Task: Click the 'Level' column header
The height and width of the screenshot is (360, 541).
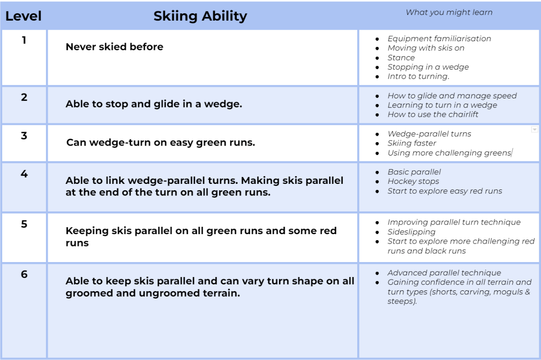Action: coord(24,16)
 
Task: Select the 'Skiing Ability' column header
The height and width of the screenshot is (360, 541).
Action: coord(200,16)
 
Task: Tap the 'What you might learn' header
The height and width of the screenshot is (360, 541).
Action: coord(449,12)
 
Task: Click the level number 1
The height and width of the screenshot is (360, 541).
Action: coord(24,40)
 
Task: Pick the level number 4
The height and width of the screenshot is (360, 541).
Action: coord(24,174)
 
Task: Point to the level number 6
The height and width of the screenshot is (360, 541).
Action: coord(24,274)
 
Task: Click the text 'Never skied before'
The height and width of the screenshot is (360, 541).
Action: coord(115,47)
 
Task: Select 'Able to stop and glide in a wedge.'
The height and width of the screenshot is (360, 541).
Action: coord(154,104)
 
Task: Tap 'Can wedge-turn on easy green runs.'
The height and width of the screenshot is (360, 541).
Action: coord(161,143)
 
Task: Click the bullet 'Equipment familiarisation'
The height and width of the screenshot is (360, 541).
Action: coord(439,39)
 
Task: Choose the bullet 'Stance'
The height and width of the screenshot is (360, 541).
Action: coord(401,58)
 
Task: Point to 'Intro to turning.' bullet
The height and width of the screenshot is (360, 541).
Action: coord(419,76)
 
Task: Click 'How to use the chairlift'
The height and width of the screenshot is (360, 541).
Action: coord(433,115)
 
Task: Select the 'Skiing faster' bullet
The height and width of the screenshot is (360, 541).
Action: coord(412,143)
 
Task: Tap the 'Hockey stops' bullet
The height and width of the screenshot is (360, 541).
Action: coord(413,181)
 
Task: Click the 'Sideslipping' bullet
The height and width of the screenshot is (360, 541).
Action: coord(411,232)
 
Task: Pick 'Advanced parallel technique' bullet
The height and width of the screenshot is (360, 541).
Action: coord(444,273)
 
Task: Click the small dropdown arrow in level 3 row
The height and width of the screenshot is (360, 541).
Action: coord(535,129)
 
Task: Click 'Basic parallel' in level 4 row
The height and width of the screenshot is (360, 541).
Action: coord(414,172)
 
